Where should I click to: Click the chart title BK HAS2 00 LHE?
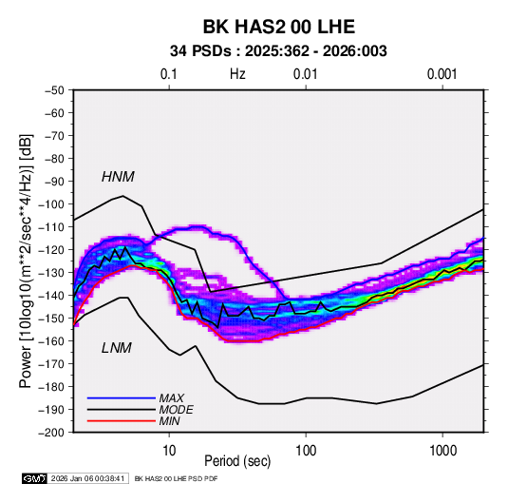pos(279,27)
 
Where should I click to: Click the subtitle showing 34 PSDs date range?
pos(278,51)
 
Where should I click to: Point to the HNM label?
pos(118,177)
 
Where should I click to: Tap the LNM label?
pos(117,348)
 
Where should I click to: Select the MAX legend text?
pos(171,397)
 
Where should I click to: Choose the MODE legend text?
pos(176,410)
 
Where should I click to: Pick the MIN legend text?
pos(169,421)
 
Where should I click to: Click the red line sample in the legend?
pos(122,421)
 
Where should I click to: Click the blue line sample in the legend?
pos(122,397)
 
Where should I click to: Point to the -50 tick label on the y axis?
pos(55,90)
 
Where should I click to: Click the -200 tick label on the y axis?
pos(51,433)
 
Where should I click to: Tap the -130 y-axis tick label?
pos(51,273)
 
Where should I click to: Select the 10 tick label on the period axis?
pos(169,451)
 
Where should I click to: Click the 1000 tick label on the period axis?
pos(442,451)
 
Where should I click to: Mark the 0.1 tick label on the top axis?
pos(169,74)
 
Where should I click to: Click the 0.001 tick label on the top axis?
pos(442,74)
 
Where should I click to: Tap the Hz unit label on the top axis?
pos(237,74)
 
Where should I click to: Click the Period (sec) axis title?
pos(237,461)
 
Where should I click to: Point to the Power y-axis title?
pos(26,261)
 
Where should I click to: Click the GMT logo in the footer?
pos(34,478)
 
